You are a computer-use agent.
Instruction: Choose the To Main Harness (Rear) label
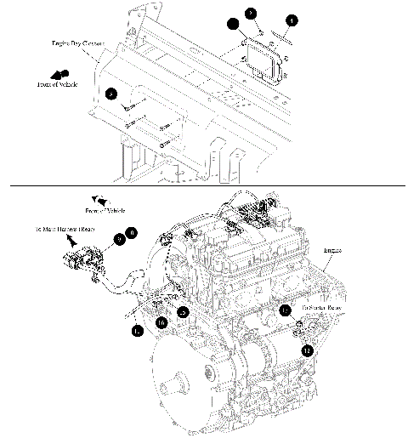click(x=65, y=230)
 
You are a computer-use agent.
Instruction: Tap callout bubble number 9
click(x=119, y=240)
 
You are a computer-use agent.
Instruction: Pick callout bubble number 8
click(x=131, y=231)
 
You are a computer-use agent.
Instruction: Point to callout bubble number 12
click(x=307, y=350)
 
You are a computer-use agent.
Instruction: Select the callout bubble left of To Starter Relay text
click(x=286, y=311)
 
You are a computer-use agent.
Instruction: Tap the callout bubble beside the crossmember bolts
click(x=111, y=94)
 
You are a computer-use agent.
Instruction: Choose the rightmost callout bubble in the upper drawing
click(x=292, y=20)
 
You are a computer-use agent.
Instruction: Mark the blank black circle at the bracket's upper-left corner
click(x=233, y=26)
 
